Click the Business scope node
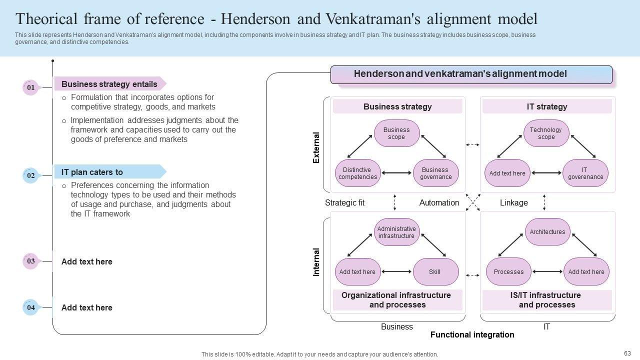coord(396,133)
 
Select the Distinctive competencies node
coord(357,173)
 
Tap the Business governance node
coord(435,173)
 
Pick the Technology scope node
coord(546,133)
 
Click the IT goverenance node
coord(585,173)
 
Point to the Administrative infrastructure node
coord(396,232)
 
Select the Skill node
coord(435,272)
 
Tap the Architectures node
coord(547,232)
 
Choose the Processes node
coord(508,272)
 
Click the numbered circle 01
coord(30,87)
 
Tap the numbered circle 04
coord(30,307)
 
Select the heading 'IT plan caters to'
coord(92,172)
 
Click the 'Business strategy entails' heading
coord(109,84)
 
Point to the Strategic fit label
coord(344,202)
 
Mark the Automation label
coord(439,202)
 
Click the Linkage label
coord(513,202)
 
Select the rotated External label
coord(316,147)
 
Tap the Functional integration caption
coord(472,335)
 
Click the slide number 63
coord(627,353)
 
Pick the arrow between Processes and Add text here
coord(547,272)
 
